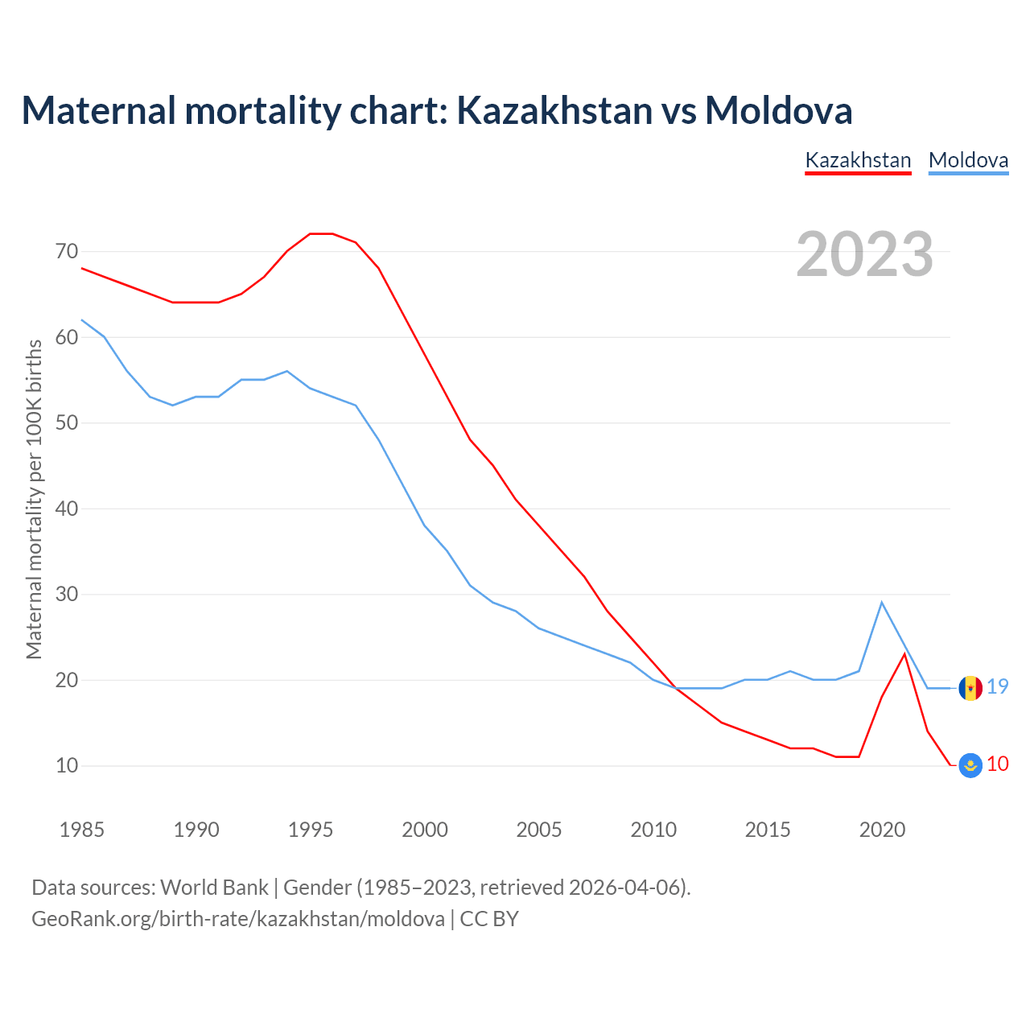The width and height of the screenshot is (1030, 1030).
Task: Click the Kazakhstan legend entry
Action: (858, 160)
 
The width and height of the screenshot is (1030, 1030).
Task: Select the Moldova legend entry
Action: (968, 160)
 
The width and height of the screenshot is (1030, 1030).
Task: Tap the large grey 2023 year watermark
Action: (865, 254)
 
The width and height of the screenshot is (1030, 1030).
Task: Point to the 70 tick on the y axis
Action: (67, 252)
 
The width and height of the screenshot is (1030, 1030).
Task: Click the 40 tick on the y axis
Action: (67, 509)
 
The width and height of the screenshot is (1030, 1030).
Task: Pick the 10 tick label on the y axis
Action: (67, 765)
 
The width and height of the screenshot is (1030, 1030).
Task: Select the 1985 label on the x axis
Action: (82, 830)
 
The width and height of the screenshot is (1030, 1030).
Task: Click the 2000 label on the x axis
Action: (425, 830)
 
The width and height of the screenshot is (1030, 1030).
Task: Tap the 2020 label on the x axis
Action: (882, 830)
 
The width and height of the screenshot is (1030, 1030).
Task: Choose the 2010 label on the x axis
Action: (653, 830)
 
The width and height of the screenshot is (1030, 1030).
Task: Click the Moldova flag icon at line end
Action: (970, 688)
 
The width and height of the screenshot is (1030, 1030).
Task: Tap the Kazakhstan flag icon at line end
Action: (970, 765)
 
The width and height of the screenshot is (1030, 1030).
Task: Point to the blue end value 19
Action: (998, 686)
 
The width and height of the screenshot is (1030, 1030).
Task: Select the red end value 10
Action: (998, 764)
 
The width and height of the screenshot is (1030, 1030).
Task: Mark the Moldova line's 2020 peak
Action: (882, 602)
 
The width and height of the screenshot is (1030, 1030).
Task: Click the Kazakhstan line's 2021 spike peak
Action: (904, 653)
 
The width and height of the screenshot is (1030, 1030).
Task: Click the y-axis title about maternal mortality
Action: (34, 499)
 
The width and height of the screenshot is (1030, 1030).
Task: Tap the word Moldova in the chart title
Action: (778, 110)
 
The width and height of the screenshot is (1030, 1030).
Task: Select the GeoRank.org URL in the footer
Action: (238, 919)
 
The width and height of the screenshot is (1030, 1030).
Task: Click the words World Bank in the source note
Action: (214, 888)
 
